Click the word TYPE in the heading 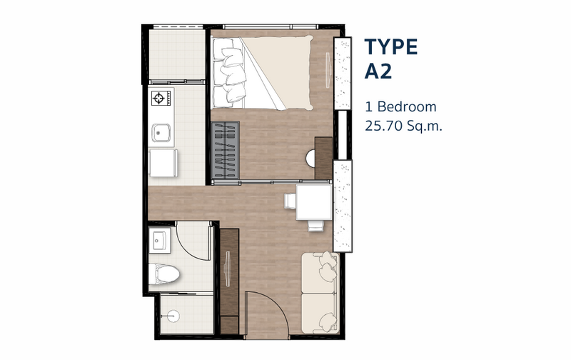(x=390, y=47)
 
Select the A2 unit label (x=378, y=71)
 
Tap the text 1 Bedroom (x=400, y=106)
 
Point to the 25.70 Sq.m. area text (x=403, y=126)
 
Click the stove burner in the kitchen (x=159, y=98)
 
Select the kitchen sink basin (x=161, y=133)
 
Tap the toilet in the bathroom (x=163, y=274)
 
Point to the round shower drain (x=173, y=316)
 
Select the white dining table (x=314, y=202)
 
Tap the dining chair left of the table (x=290, y=201)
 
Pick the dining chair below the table (x=315, y=226)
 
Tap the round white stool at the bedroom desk (x=310, y=159)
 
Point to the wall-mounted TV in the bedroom (x=328, y=70)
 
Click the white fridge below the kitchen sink (x=163, y=163)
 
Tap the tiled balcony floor (x=176, y=54)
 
